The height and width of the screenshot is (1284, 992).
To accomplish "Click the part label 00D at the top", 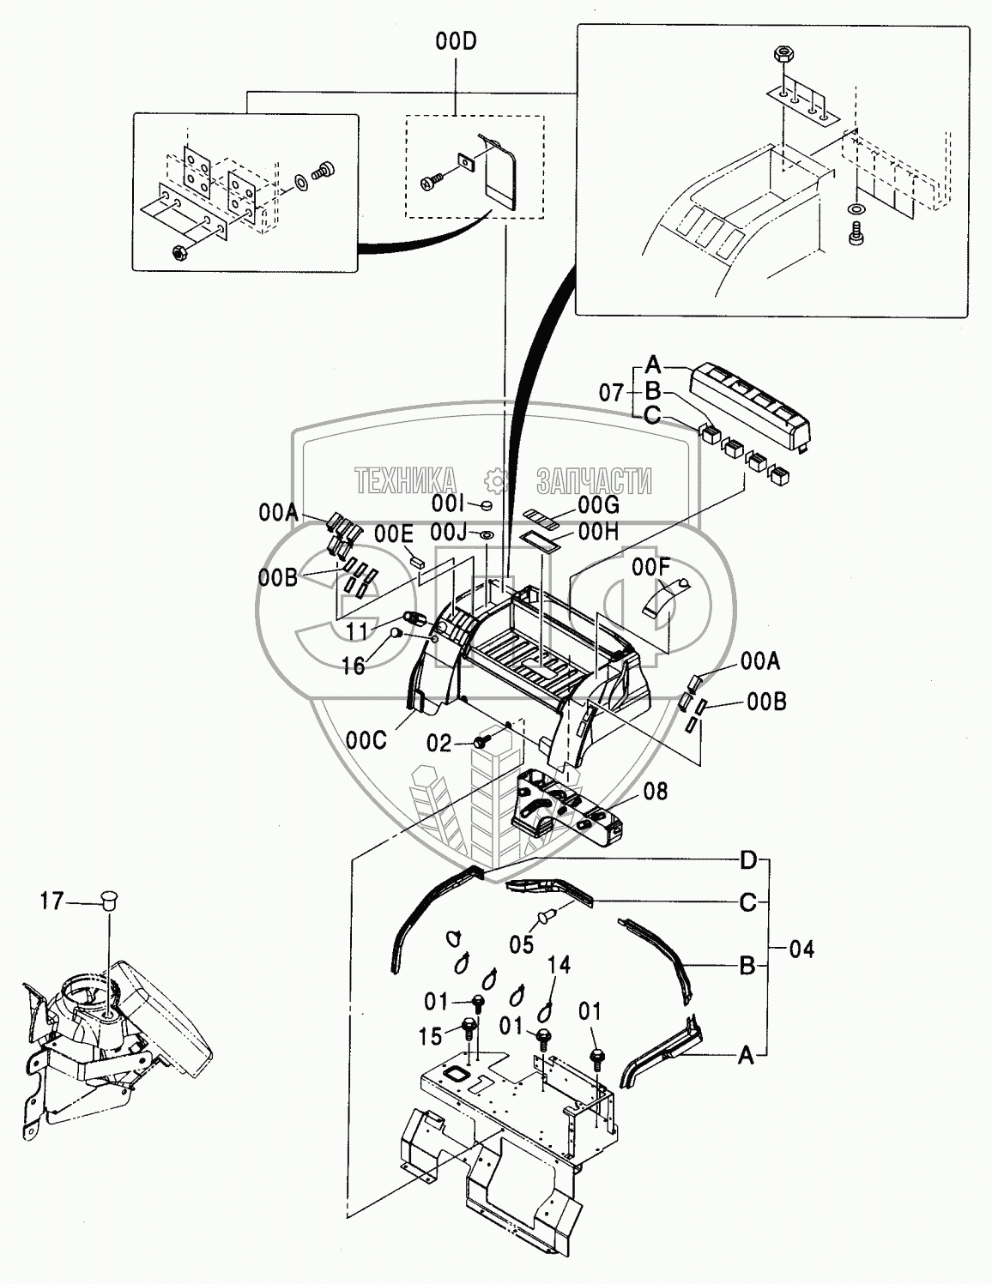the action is (457, 42).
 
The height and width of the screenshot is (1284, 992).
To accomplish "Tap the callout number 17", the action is (51, 918).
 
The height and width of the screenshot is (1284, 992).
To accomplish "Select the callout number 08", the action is (656, 791).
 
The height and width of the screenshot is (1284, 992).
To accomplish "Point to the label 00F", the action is (650, 568).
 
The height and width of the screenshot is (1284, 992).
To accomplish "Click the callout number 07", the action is (612, 392).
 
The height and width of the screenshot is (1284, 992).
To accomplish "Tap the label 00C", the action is (366, 741).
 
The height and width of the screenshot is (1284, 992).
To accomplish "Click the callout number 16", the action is (353, 666).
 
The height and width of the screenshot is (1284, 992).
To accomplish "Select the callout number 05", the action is (522, 945).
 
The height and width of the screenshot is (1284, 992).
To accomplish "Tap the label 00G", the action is (598, 505).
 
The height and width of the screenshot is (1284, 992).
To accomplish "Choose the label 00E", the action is (394, 534).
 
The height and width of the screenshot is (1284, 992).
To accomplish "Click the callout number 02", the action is (439, 744).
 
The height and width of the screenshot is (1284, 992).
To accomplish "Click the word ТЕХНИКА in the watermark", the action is (406, 480).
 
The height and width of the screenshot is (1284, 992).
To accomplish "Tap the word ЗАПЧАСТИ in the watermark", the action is (594, 480).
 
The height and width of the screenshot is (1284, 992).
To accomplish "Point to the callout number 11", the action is (357, 631).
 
